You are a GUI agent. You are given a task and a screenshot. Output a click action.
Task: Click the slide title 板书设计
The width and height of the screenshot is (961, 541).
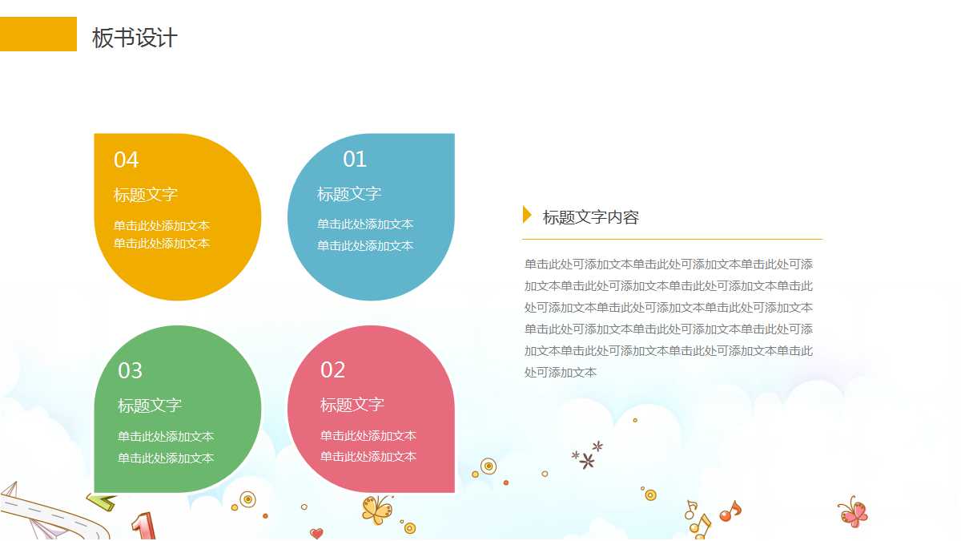click(x=135, y=38)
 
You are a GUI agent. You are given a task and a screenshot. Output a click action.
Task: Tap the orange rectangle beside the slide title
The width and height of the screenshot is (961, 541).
click(x=38, y=34)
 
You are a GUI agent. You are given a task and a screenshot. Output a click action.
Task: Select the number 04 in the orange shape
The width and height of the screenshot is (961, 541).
click(x=126, y=160)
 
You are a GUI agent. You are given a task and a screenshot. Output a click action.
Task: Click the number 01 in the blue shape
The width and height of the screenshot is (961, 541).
click(x=355, y=159)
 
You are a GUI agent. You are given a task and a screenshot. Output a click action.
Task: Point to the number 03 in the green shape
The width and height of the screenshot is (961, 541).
click(x=130, y=371)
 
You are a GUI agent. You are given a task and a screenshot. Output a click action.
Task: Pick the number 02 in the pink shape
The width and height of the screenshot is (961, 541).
click(x=332, y=370)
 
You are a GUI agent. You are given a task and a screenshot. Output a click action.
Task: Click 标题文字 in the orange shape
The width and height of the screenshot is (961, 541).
click(x=146, y=195)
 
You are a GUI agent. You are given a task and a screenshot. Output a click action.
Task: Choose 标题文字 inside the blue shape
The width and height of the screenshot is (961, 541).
click(x=349, y=194)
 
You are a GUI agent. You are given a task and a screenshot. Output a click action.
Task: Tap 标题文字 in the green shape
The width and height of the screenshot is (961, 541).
click(x=150, y=406)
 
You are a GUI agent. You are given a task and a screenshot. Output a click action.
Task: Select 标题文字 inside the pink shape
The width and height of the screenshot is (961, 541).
click(x=352, y=405)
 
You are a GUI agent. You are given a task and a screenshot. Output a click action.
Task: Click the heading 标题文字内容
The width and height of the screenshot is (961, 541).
click(x=591, y=217)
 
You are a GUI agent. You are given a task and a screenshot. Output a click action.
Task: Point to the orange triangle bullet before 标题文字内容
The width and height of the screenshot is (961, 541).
click(x=527, y=215)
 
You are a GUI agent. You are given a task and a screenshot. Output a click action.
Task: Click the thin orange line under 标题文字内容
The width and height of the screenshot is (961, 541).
click(x=672, y=239)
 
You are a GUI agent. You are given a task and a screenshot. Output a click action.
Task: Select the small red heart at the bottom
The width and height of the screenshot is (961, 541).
click(x=316, y=533)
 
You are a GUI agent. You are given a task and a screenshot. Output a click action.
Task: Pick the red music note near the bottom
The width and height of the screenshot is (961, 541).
click(x=729, y=511)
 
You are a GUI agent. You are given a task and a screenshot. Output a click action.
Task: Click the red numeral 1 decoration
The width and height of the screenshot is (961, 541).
click(x=143, y=527)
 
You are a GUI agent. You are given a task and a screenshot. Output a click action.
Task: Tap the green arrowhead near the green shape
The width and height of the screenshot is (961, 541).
click(x=102, y=502)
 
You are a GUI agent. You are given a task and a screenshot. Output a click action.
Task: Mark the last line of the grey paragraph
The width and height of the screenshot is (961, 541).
click(x=561, y=373)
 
